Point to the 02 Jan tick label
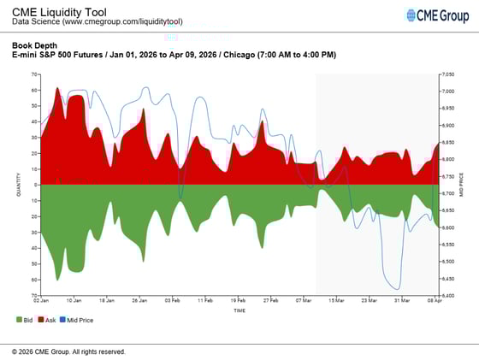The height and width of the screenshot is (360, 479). click(x=41, y=301)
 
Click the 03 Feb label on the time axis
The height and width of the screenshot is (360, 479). click(x=173, y=301)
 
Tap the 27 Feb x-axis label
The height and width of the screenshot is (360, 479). click(x=271, y=301)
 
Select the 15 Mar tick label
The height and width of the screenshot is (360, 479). click(x=337, y=301)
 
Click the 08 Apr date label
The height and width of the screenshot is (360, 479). click(x=435, y=301)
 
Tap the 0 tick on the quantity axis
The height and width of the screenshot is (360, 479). click(x=36, y=185)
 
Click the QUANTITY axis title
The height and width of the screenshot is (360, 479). click(x=19, y=185)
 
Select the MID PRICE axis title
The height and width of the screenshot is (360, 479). click(x=463, y=185)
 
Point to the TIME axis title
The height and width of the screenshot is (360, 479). click(x=239, y=310)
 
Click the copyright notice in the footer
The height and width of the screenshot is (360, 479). click(x=68, y=351)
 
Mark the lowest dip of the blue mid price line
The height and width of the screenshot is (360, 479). click(x=396, y=289)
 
